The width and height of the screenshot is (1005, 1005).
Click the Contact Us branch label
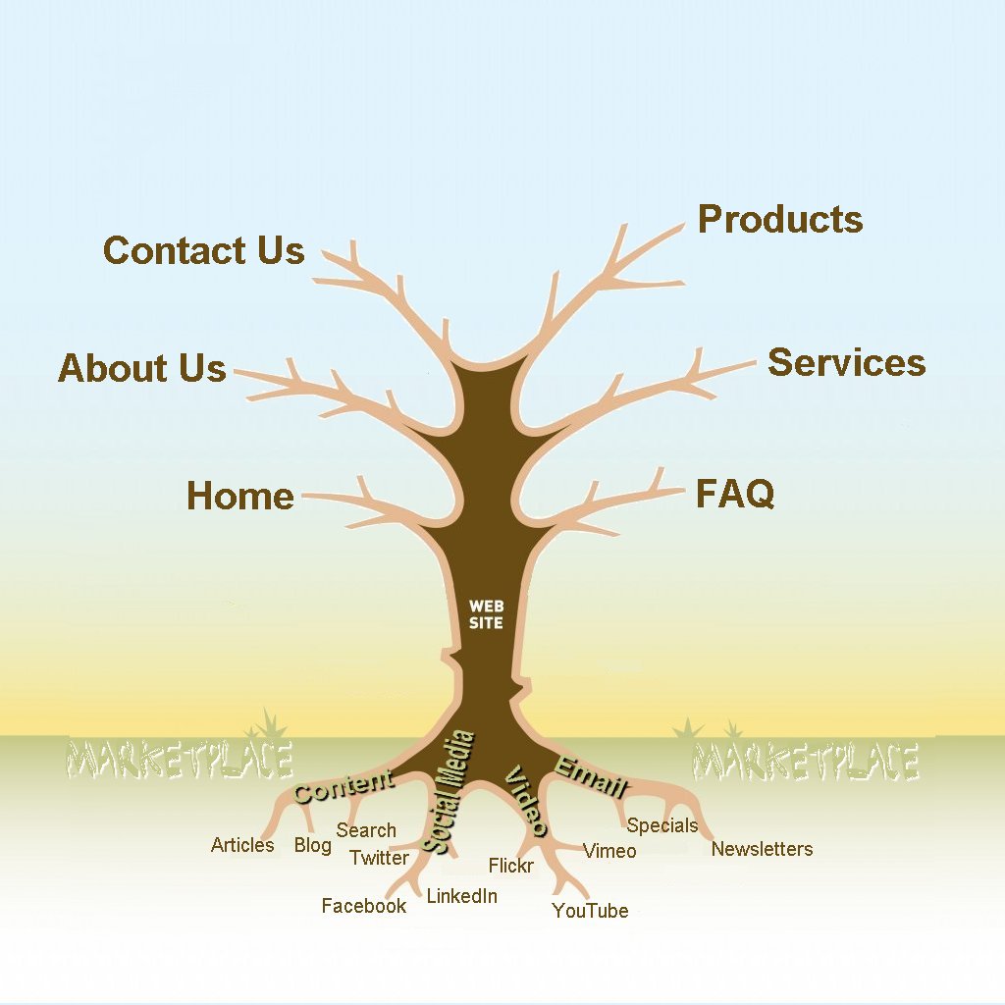pyautogui.click(x=204, y=250)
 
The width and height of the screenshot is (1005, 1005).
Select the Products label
pyautogui.click(x=780, y=220)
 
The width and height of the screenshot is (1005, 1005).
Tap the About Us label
pyautogui.click(x=142, y=368)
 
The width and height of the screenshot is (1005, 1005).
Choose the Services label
pyautogui.click(x=846, y=362)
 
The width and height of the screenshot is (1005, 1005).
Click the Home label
pyautogui.click(x=240, y=496)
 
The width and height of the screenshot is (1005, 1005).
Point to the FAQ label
pyautogui.click(x=735, y=494)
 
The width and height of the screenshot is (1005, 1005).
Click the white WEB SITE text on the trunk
pyautogui.click(x=486, y=614)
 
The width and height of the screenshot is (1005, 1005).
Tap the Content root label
pyautogui.click(x=344, y=786)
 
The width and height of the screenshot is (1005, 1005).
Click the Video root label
pyautogui.click(x=525, y=801)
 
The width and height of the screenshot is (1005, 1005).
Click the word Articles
pyautogui.click(x=242, y=845)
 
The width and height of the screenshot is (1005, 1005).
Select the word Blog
pyautogui.click(x=312, y=845)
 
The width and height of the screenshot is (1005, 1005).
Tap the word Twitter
pyautogui.click(x=379, y=858)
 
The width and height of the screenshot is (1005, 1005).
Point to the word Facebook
pyautogui.click(x=363, y=906)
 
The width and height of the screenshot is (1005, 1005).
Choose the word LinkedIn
pyautogui.click(x=461, y=896)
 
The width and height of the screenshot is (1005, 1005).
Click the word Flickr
pyautogui.click(x=510, y=866)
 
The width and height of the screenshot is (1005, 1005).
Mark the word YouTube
pyautogui.click(x=590, y=911)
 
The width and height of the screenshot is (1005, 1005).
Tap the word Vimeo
pyautogui.click(x=609, y=851)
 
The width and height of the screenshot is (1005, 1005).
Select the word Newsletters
pyautogui.click(x=762, y=849)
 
